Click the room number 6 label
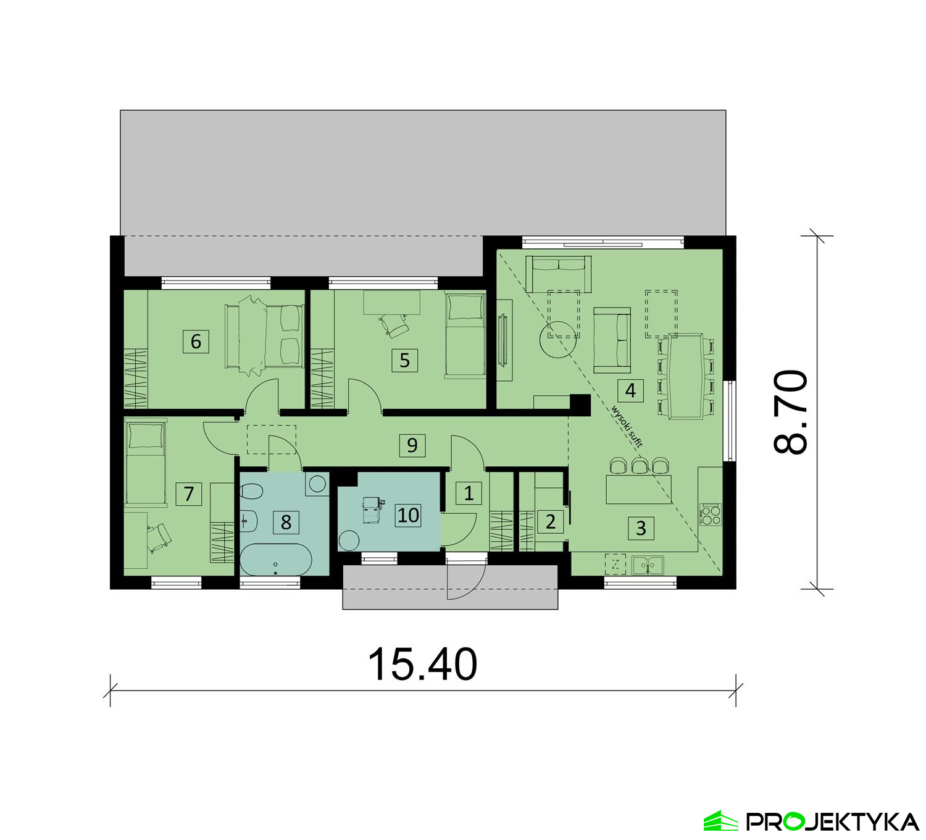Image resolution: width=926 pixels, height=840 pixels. (x=196, y=341)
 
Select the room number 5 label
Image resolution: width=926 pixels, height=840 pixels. (x=404, y=360)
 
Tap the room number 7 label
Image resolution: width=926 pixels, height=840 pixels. (x=189, y=493)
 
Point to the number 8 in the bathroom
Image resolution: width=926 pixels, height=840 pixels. (x=286, y=522)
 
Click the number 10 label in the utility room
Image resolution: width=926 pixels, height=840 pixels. (x=408, y=514)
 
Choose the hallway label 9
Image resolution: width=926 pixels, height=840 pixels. (x=412, y=445)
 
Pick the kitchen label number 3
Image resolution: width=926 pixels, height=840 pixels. (x=641, y=528)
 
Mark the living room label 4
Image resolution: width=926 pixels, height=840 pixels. (x=630, y=390)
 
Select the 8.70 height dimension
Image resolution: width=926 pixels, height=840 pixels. (x=790, y=412)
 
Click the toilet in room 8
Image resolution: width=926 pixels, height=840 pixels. (x=251, y=492)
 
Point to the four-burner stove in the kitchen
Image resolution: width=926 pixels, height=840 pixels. (x=710, y=514)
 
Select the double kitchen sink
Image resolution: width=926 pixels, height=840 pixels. (x=648, y=565)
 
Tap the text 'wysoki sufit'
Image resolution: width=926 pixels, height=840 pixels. (x=627, y=426)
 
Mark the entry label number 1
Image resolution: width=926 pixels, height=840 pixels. (x=469, y=493)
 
